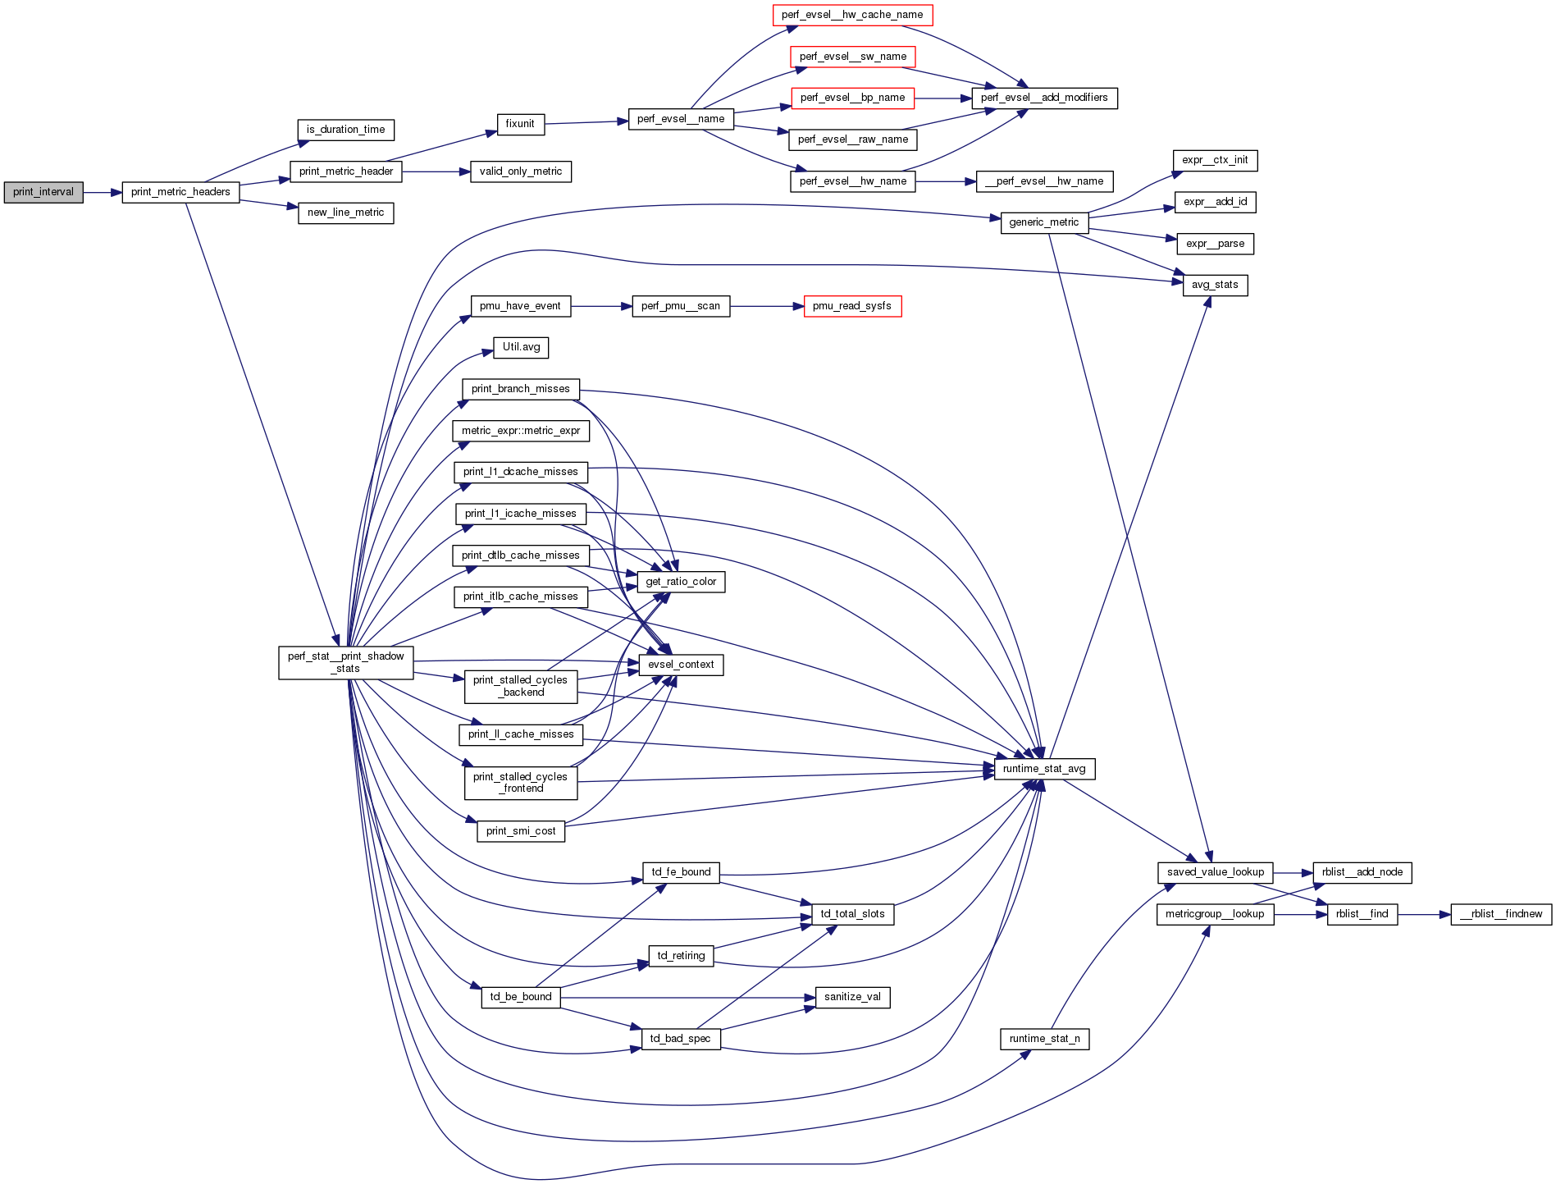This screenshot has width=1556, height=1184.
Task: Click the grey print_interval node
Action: (43, 192)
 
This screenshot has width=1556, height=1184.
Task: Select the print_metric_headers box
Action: (180, 192)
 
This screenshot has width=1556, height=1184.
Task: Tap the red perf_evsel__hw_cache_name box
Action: (852, 15)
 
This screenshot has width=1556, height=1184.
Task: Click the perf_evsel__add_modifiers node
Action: (1044, 98)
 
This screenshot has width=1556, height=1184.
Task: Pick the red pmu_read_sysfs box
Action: (852, 306)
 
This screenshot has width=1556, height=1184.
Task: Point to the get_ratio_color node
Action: (681, 582)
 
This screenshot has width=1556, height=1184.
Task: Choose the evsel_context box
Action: (681, 665)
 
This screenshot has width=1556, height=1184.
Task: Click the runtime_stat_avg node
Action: (1044, 769)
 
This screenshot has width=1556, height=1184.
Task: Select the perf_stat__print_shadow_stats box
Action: (345, 662)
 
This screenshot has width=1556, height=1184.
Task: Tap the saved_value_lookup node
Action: (1215, 872)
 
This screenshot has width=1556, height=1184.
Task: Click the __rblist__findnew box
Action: (1501, 914)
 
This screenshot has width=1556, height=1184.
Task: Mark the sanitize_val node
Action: (852, 997)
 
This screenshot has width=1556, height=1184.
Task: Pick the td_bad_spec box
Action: (680, 1039)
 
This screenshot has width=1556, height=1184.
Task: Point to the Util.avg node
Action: (521, 347)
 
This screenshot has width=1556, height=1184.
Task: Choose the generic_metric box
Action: (1044, 222)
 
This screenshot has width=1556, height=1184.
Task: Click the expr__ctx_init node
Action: (1215, 160)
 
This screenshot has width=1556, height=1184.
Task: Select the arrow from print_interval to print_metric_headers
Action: (103, 192)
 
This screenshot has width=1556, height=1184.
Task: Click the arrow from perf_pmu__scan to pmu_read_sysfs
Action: (766, 306)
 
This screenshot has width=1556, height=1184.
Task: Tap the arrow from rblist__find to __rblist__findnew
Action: (1425, 914)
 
